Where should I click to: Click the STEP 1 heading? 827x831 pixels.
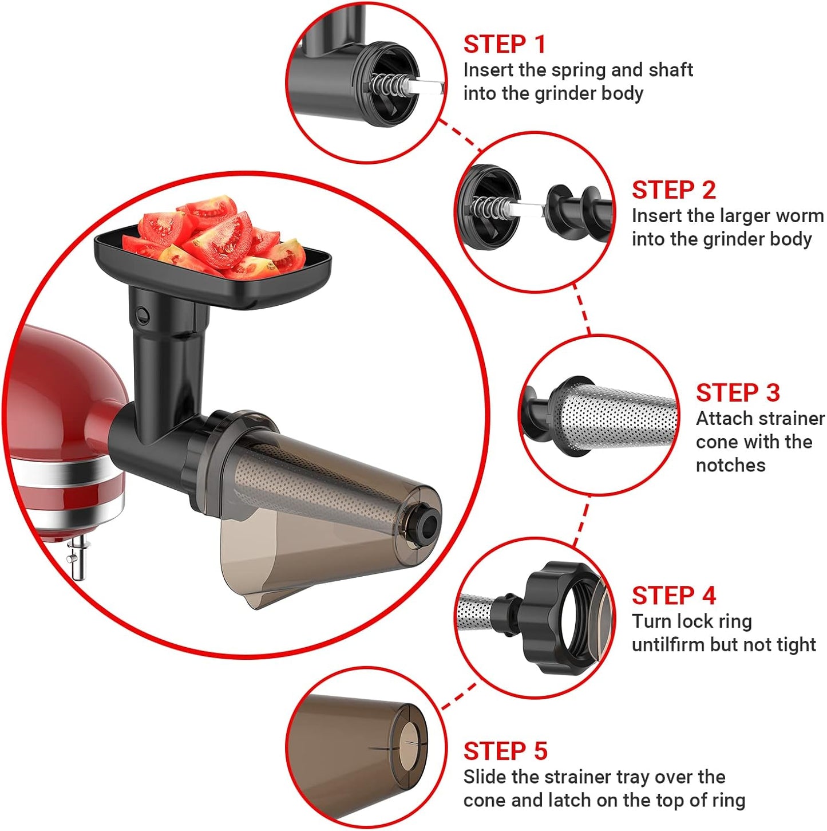click(504, 45)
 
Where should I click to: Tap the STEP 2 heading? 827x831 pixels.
click(674, 190)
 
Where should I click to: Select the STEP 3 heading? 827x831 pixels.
click(738, 393)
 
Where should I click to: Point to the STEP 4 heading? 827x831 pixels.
click(674, 596)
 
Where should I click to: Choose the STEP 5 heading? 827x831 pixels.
click(505, 751)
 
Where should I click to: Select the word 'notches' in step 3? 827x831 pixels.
click(730, 465)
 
